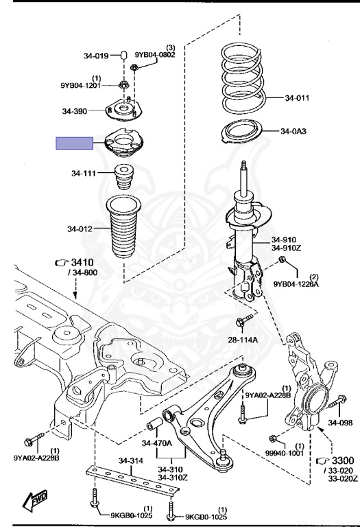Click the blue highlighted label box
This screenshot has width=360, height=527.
pos(74,143)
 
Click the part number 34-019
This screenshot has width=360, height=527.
pos(96,56)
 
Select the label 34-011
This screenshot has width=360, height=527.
pos(297,98)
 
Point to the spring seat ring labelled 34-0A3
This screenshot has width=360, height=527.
pos(241,132)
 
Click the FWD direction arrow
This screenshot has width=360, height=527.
pos(35,500)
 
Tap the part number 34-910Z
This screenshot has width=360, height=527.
pos(287,248)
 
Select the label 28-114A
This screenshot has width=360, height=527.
pos(243,340)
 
